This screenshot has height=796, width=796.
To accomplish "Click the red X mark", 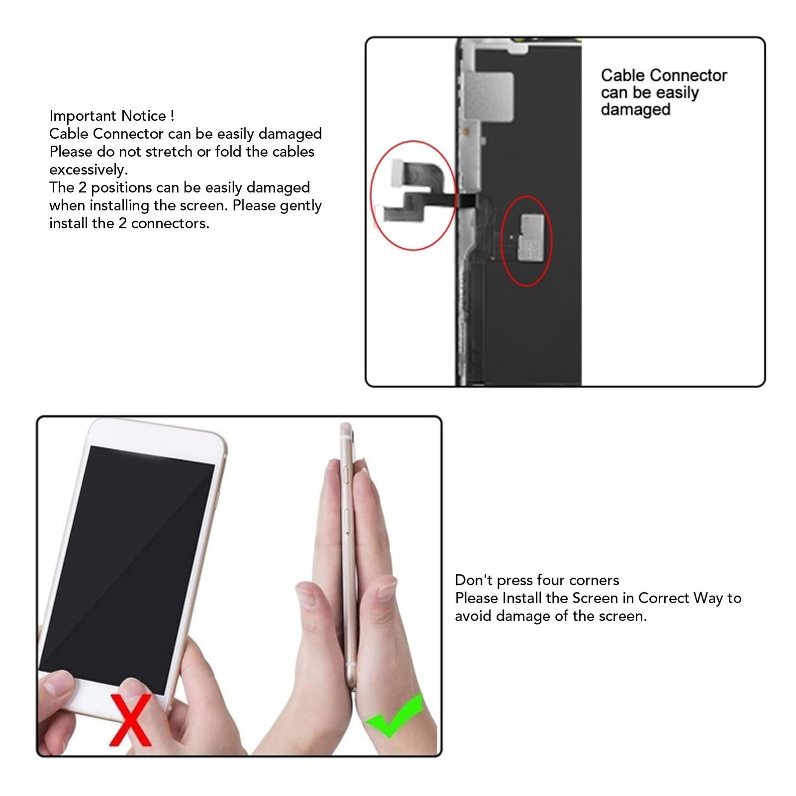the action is [131, 719].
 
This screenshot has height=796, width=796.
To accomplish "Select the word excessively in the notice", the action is [89, 170].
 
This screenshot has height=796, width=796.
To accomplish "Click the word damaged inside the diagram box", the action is [636, 109].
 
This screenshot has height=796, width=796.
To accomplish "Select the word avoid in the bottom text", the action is [474, 616].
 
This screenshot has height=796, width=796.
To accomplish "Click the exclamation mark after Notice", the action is [172, 116].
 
